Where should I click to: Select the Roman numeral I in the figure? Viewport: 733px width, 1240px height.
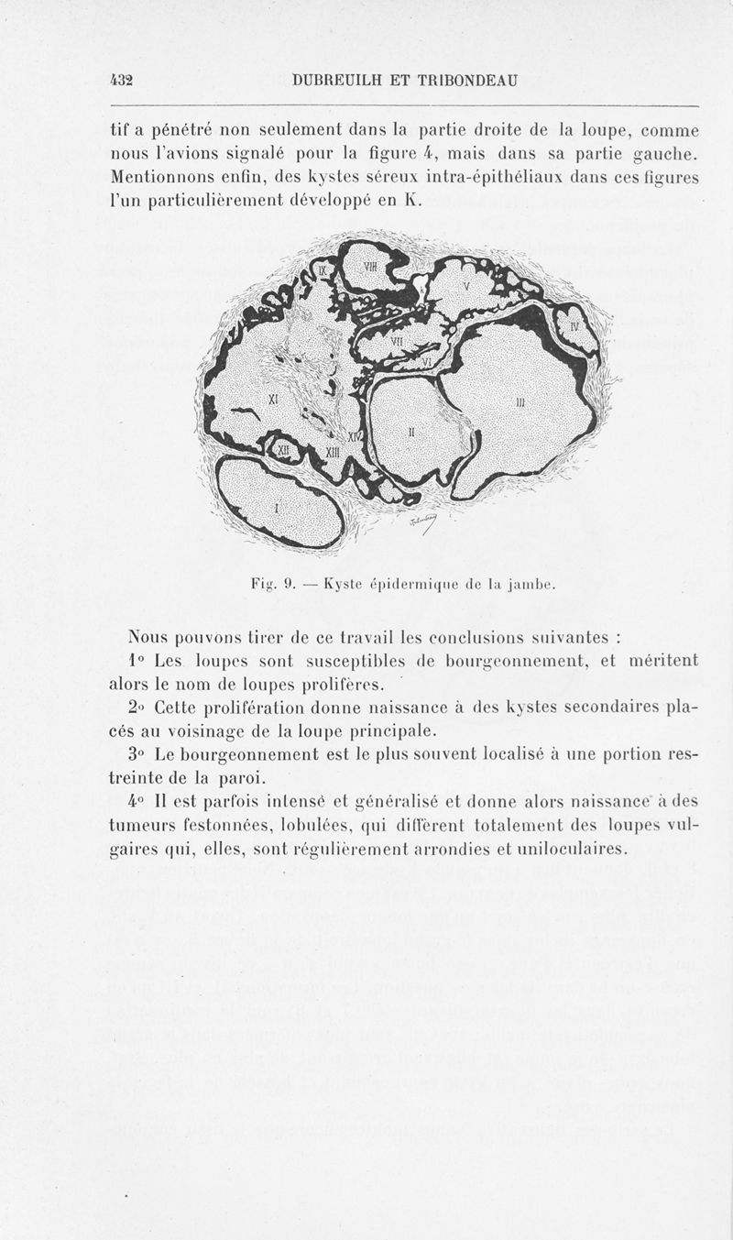pos(277,505)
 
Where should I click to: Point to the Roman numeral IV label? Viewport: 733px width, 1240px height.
pos(574,326)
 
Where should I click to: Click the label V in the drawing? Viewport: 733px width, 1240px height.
pos(466,285)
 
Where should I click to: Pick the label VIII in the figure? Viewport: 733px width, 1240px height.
pos(371,266)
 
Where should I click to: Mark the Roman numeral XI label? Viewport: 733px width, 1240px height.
pos(272,400)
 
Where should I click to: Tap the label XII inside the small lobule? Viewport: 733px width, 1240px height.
pos(284,449)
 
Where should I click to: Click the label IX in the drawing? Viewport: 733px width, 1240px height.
pos(325,270)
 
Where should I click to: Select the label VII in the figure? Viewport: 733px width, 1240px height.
pos(397,341)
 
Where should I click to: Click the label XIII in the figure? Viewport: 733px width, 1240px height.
pos(334,453)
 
